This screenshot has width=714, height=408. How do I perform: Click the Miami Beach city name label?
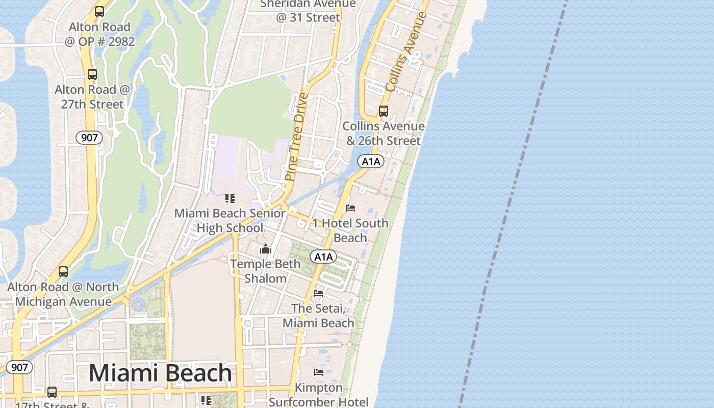160,373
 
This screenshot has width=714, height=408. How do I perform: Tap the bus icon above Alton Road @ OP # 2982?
99,12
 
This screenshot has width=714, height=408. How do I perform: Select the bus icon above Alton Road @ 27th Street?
92,74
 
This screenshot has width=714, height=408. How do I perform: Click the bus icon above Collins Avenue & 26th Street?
384,111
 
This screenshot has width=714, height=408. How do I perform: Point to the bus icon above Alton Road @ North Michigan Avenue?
63,272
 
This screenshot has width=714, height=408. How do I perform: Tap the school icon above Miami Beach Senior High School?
230,198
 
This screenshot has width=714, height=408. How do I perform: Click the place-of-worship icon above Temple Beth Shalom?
265,249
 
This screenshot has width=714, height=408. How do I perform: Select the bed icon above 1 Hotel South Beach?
350,208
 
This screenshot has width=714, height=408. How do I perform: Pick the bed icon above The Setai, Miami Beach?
318,293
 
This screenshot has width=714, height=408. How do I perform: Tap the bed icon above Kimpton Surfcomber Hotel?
319,372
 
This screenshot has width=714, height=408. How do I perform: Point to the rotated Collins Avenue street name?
406,52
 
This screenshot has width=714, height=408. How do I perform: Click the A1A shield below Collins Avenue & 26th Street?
371,162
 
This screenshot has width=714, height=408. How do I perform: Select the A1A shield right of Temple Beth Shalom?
323,257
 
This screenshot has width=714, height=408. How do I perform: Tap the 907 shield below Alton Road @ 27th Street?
89,138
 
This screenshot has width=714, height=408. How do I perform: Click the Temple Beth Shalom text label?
265,271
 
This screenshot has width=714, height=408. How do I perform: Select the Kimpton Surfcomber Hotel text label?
318,395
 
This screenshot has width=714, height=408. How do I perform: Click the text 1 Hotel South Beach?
350,231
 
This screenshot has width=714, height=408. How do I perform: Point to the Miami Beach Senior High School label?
230,220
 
